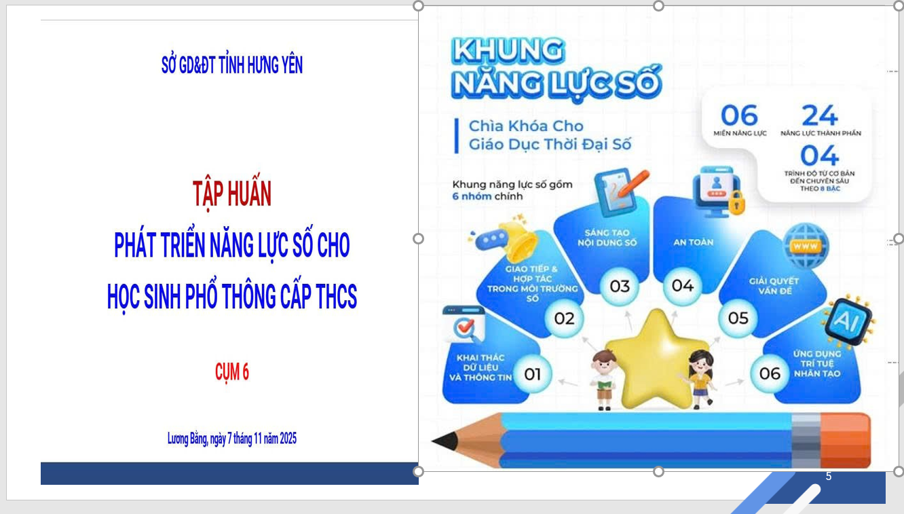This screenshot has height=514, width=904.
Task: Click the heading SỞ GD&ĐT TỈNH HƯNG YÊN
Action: (x=231, y=66)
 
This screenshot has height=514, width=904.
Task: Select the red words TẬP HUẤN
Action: (x=231, y=194)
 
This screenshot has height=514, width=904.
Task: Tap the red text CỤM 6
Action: (x=231, y=372)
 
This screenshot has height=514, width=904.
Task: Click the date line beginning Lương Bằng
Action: (x=231, y=439)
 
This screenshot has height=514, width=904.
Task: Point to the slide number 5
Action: (x=828, y=477)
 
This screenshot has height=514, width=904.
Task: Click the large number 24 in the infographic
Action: (x=819, y=115)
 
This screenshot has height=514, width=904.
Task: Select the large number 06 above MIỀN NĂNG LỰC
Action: (x=739, y=115)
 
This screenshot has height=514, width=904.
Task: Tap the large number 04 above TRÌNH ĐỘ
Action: (x=819, y=155)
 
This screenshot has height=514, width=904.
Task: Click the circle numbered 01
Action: (x=532, y=374)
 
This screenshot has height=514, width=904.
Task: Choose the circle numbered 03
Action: (x=619, y=287)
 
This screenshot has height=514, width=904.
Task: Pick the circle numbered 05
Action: (x=738, y=318)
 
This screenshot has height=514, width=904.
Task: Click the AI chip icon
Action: (x=846, y=322)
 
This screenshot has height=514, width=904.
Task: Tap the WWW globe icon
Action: (x=806, y=246)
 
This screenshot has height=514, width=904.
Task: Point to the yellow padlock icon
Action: (x=736, y=202)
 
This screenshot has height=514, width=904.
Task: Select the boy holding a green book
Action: (x=602, y=380)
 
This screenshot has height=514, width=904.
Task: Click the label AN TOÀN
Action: (x=693, y=242)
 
